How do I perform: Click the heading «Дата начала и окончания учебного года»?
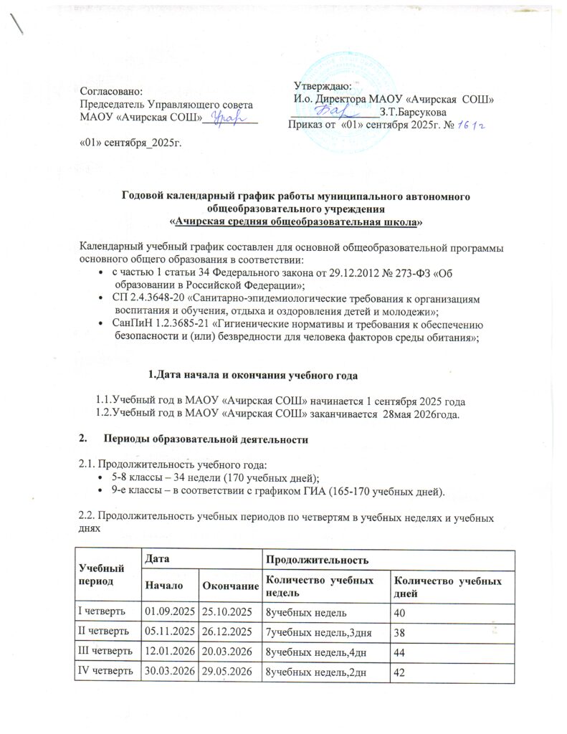pyautogui.click(x=257, y=375)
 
